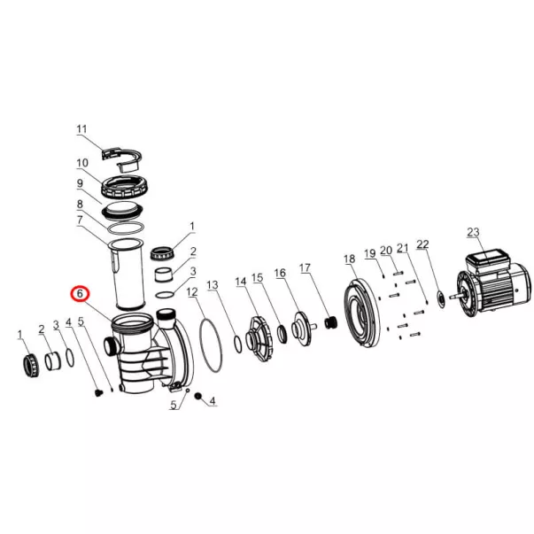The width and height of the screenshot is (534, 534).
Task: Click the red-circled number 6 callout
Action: pyautogui.click(x=80, y=293)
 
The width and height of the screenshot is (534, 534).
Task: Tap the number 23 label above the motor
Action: pyautogui.click(x=473, y=232)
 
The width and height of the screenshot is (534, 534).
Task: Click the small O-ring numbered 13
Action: pyautogui.click(x=238, y=344)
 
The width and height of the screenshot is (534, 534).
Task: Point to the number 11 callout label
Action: pyautogui.click(x=81, y=129)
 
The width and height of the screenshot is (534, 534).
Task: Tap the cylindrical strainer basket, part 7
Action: pyautogui.click(x=127, y=274)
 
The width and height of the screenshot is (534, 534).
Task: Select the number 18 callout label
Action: pyautogui.click(x=350, y=259)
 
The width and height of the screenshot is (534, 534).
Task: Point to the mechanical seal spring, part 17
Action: pyautogui.click(x=330, y=322)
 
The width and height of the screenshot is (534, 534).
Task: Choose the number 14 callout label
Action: pyautogui.click(x=241, y=282)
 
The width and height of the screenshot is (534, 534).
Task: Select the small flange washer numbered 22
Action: pyautogui.click(x=441, y=299)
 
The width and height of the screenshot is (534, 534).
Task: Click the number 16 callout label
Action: pyautogui.click(x=280, y=273)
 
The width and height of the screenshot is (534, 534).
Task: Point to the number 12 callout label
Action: pyautogui.click(x=192, y=292)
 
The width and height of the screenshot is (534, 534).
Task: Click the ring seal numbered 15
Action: pyautogui.click(x=282, y=335)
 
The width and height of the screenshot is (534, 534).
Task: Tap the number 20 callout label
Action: pyautogui.click(x=386, y=251)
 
